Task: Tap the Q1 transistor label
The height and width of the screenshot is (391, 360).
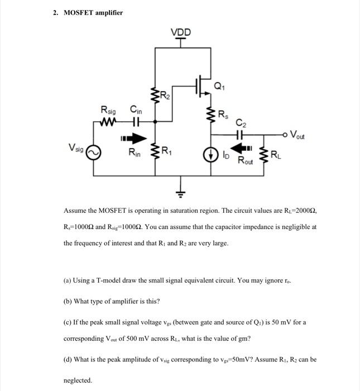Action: [220, 86]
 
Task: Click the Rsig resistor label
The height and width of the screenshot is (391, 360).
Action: [107, 110]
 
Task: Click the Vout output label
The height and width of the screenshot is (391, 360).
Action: [299, 134]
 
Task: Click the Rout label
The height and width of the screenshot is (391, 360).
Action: [246, 161]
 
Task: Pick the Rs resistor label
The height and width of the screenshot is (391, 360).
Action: [222, 116]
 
